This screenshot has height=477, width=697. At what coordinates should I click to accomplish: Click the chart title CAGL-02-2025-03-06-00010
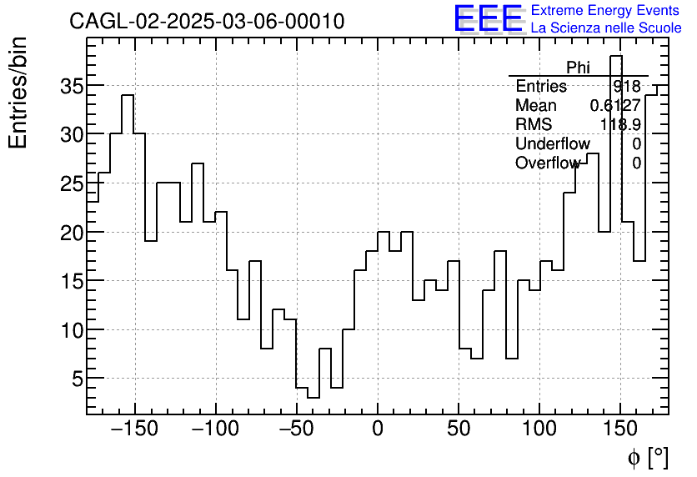(207, 22)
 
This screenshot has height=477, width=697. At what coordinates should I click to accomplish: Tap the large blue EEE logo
(488, 19)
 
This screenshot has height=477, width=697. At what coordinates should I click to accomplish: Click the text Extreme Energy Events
(604, 11)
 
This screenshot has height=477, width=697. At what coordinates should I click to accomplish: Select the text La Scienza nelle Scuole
(606, 28)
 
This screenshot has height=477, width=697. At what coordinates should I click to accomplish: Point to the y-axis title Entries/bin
(18, 93)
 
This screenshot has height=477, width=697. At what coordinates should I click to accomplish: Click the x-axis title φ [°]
(648, 457)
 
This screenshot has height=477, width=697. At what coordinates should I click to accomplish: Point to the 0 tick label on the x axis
(378, 429)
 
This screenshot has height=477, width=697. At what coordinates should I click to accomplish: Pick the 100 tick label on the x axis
(539, 429)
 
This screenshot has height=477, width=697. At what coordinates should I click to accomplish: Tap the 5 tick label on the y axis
(75, 379)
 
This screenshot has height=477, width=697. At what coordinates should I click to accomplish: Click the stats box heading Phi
(578, 68)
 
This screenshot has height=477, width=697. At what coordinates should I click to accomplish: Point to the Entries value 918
(626, 87)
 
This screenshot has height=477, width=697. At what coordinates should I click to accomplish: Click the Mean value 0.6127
(614, 106)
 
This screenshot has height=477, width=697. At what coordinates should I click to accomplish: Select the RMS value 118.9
(620, 125)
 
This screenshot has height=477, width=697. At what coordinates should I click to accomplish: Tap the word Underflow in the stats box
(552, 144)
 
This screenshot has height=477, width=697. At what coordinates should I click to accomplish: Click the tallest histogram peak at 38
(616, 57)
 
